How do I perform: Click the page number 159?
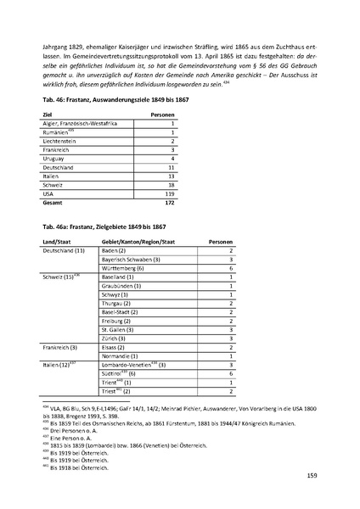[x=310, y=476]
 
